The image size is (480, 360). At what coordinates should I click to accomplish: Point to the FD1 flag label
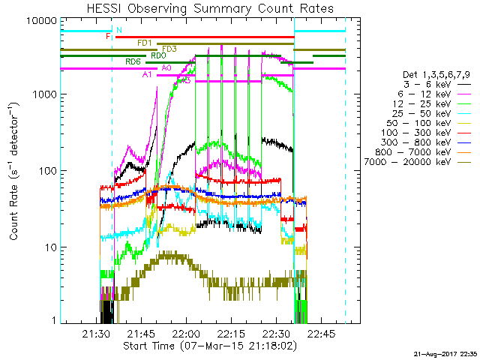[x=145, y=43]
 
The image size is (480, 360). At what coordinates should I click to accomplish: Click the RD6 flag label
[x=133, y=61]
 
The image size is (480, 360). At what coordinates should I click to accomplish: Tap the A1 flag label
[x=147, y=74]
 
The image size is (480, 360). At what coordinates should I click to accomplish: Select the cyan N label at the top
[x=118, y=30]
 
